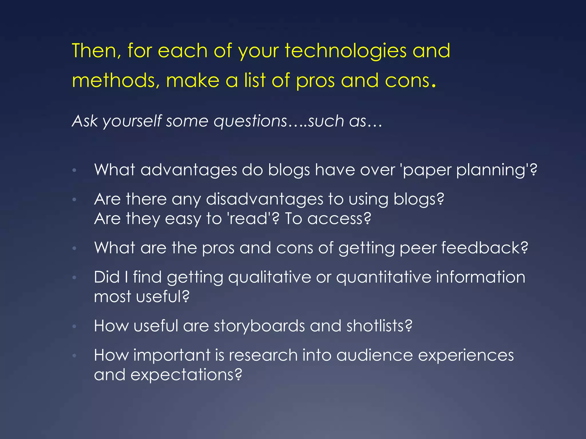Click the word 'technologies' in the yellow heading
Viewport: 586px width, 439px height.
(x=345, y=51)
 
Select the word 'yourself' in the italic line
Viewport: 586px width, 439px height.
(x=132, y=121)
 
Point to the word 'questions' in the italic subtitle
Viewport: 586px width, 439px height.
(x=250, y=121)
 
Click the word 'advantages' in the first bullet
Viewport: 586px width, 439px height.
(x=189, y=170)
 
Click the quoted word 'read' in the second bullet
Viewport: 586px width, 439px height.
(x=248, y=219)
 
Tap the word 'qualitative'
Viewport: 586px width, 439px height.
(x=270, y=277)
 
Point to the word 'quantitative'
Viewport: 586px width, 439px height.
(x=383, y=277)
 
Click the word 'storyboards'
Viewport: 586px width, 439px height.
(x=259, y=326)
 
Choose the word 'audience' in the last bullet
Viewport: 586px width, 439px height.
(x=375, y=355)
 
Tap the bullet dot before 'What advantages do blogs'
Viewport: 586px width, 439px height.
(x=74, y=170)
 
